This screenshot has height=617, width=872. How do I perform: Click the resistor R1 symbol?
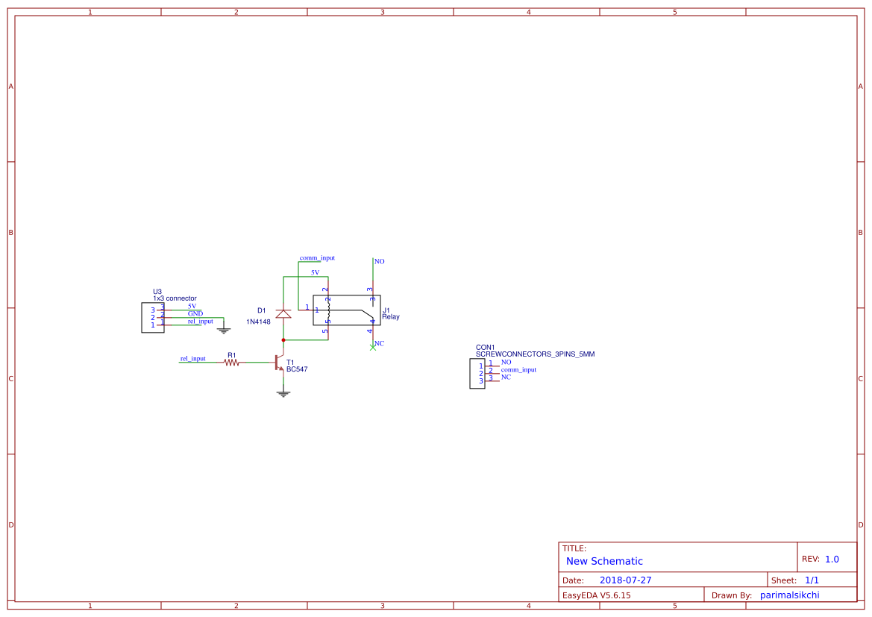[x=231, y=363]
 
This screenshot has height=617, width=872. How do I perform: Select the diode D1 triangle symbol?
[x=283, y=314]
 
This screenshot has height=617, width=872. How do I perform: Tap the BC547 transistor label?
[x=297, y=369]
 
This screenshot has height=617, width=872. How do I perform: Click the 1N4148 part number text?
[x=258, y=322]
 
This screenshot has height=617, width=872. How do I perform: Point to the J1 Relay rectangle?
[x=347, y=310]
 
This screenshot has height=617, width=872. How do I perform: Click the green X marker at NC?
[x=373, y=347]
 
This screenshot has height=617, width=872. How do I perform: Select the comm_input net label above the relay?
[x=317, y=258]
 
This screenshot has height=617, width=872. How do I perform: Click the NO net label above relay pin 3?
[x=380, y=262]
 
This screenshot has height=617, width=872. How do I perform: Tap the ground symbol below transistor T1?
[x=283, y=392]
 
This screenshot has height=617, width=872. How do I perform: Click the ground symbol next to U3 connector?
[x=224, y=329]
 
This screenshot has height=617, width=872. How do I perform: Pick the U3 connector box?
[x=152, y=317]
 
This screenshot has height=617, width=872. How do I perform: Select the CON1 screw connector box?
[x=477, y=373]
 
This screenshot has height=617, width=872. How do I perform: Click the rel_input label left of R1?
[x=192, y=359]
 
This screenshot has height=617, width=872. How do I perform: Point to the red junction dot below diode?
[x=283, y=340]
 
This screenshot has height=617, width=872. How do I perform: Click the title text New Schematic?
[x=604, y=561]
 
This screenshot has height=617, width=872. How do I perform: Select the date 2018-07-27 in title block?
[x=625, y=580]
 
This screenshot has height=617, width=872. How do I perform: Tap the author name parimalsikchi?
[x=789, y=595]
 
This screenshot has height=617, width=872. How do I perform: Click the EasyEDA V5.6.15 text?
[x=596, y=595]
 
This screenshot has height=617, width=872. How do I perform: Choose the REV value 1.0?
[x=832, y=559]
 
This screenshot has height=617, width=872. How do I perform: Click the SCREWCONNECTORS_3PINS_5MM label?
[x=535, y=354]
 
